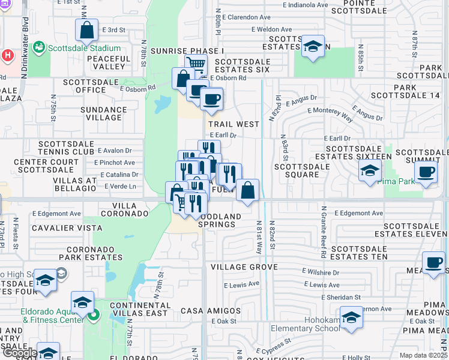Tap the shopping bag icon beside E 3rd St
87,30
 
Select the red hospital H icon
7,55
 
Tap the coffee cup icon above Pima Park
426,172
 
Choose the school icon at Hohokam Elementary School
351,316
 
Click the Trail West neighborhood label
234,124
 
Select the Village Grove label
244,266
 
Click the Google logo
19,353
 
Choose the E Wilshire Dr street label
321,272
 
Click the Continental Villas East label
139,310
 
